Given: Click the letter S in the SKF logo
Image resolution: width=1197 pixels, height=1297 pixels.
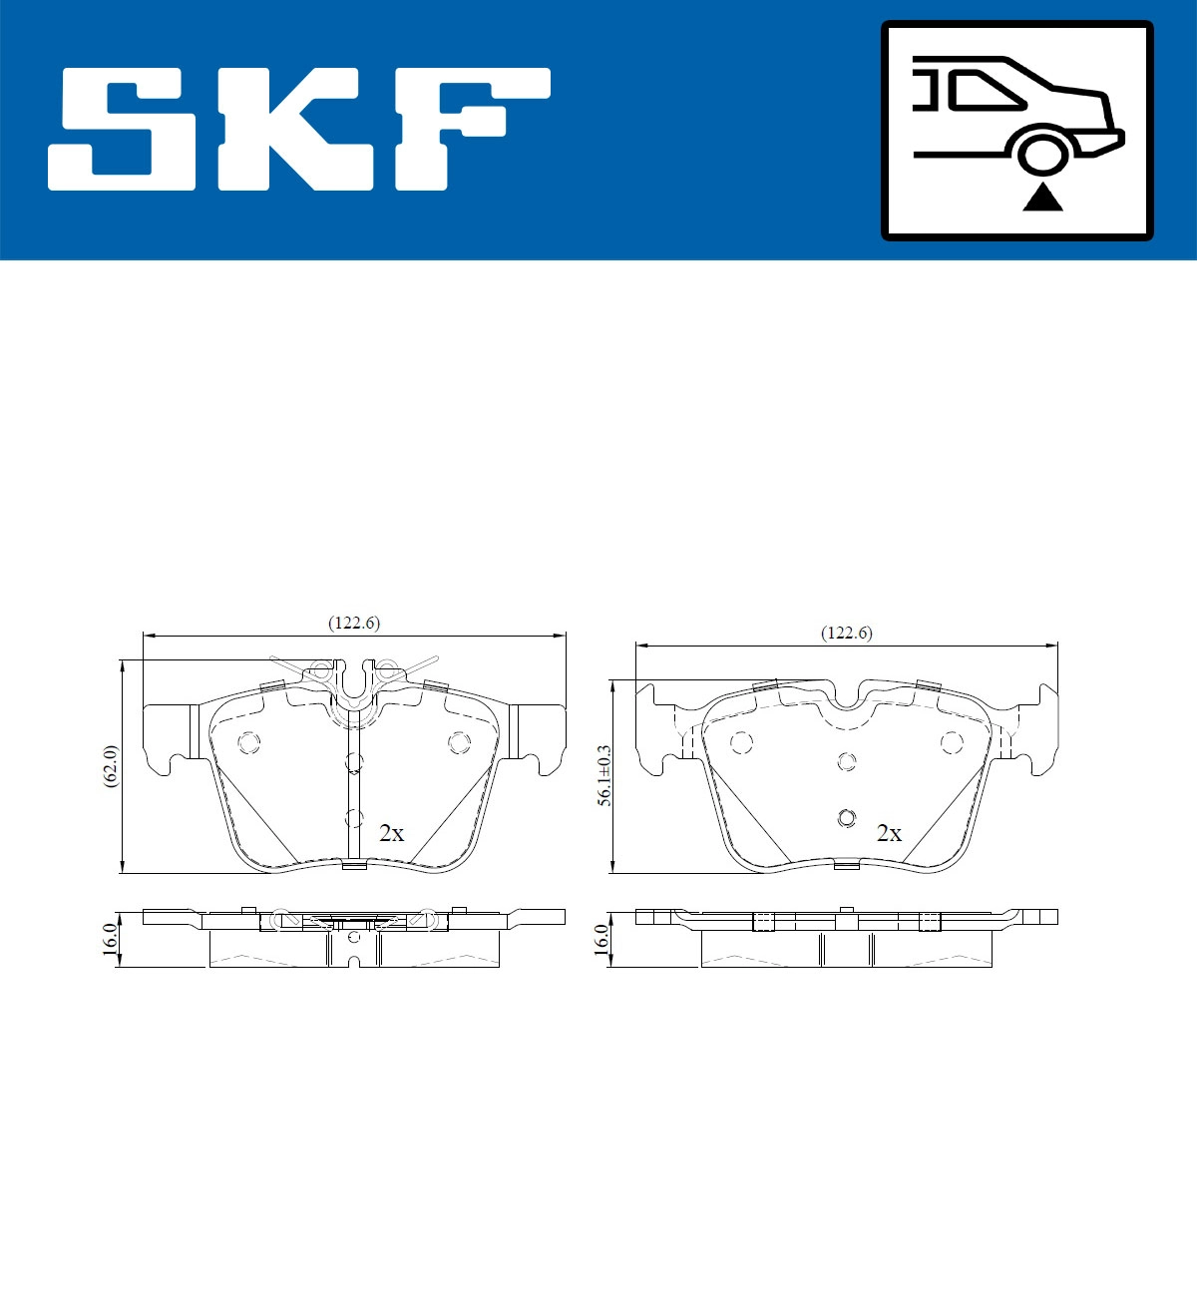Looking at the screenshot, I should (x=124, y=129).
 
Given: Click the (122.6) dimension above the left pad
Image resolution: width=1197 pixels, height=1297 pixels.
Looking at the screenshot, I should (x=354, y=623).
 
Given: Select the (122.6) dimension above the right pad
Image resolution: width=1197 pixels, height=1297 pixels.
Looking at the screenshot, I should (x=846, y=633).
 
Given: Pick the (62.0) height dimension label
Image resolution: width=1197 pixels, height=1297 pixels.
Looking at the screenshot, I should (x=112, y=765).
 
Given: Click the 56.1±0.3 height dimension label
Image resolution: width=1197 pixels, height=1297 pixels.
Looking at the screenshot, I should (x=602, y=773).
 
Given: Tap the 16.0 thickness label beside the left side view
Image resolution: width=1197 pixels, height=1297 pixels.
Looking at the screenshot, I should (x=112, y=938).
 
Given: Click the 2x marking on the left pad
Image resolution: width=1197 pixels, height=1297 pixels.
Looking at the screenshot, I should (x=392, y=833).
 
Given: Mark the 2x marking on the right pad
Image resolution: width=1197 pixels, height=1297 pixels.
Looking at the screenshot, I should (x=889, y=833).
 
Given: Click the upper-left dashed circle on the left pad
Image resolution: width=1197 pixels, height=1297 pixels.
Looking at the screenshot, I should (x=247, y=742).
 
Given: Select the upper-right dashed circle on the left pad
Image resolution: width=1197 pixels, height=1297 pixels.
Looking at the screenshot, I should (x=459, y=742).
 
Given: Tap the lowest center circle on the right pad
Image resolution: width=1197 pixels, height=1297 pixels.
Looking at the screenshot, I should (x=846, y=818).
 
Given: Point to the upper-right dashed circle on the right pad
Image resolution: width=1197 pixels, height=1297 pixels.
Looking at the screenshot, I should (x=952, y=742).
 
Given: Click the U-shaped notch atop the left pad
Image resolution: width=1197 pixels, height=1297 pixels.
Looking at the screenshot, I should (x=354, y=683).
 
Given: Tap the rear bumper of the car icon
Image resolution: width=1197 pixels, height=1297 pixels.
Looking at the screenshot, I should (x=1109, y=140).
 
